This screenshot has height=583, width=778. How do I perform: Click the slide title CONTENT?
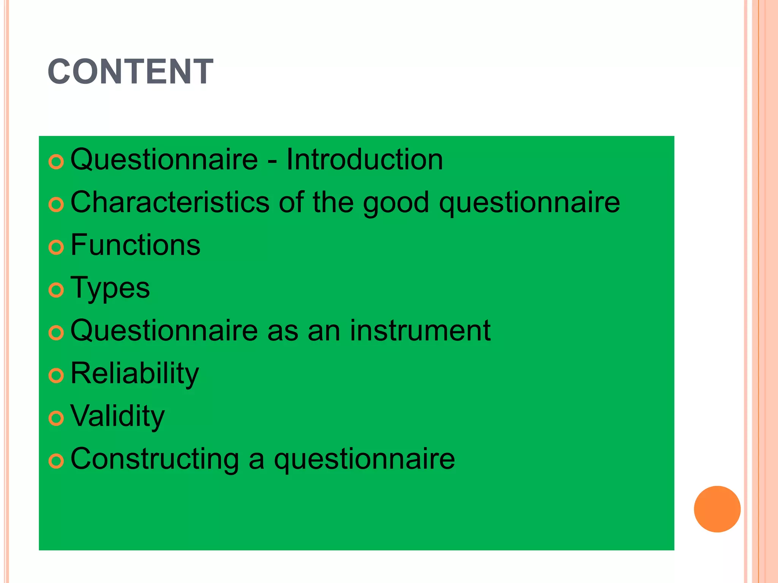pos(130,72)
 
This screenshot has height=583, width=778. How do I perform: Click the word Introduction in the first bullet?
pos(364,159)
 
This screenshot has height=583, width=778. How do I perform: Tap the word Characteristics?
pos(170,202)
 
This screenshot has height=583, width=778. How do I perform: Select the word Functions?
pos(135,245)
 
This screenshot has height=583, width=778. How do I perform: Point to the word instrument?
pos(420,331)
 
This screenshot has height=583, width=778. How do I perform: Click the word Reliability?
pos(134,374)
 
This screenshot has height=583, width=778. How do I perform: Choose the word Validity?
pos(117,416)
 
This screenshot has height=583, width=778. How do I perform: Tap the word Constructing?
pos(155,459)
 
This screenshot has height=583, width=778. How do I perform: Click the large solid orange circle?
pos(717,509)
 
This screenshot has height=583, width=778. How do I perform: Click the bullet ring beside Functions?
pos(56,247)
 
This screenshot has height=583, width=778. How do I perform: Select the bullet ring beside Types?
pos(56,290)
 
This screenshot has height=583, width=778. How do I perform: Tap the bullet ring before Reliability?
pos(56,376)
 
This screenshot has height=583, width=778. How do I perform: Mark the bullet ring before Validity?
pos(56,419)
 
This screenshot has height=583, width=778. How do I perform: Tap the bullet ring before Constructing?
pos(56,462)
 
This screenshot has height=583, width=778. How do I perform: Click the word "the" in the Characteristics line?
pos(333,202)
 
